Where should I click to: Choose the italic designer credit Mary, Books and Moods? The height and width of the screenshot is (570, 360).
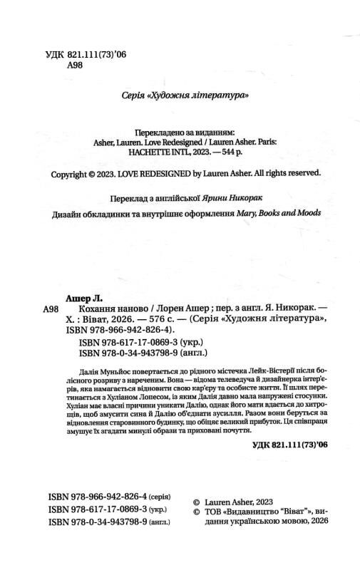(x=277, y=213)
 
